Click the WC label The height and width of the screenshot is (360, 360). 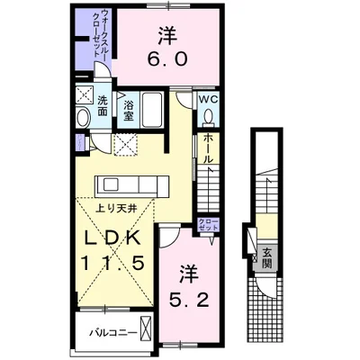(208, 100)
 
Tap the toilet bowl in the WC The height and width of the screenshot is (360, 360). (208, 116)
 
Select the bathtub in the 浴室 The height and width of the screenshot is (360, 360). (152, 110)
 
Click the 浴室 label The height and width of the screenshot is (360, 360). (129, 110)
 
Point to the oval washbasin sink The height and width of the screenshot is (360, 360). (83, 118)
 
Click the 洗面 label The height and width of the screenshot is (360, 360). (103, 106)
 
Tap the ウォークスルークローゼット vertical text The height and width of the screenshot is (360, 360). (101, 33)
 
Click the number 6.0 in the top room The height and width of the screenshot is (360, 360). (167, 59)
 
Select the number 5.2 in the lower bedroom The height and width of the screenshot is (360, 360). (189, 300)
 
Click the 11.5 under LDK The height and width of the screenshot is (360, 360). (113, 263)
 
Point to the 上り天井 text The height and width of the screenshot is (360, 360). (116, 208)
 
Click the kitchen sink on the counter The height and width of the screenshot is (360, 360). (112, 184)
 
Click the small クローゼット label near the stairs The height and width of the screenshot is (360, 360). (208, 224)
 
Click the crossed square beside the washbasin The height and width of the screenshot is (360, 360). (84, 94)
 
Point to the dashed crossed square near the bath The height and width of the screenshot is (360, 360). (126, 145)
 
